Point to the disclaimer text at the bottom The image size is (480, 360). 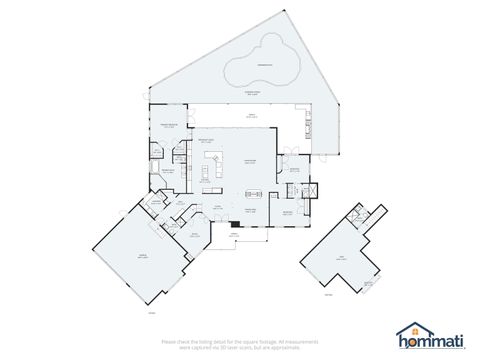coord(239,342)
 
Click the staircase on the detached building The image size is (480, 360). coord(356,213)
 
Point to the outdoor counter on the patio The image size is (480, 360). coord(307,126)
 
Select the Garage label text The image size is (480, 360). coord(142,256)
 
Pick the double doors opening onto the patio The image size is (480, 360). coord(286,152)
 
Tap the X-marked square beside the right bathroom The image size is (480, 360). coord(309,190)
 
